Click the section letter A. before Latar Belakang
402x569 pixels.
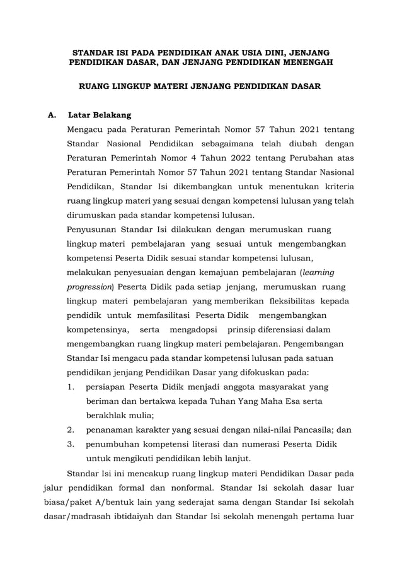pyautogui.click(x=52, y=115)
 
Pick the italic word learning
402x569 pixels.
pyautogui.click(x=319, y=272)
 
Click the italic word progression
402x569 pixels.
pyautogui.click(x=90, y=286)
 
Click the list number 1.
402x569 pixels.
pyautogui.click(x=72, y=387)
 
